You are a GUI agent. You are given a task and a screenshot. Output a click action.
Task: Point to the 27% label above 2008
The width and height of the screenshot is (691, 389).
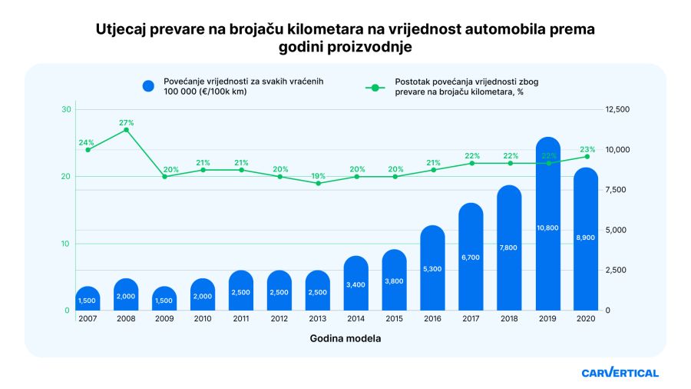(x=126, y=122)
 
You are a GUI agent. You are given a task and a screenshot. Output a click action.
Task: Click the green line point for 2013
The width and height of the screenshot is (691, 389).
(x=318, y=183)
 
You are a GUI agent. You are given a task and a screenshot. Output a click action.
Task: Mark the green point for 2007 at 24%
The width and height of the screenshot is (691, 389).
(x=88, y=149)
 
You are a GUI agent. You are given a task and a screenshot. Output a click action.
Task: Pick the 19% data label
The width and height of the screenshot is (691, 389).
(x=318, y=176)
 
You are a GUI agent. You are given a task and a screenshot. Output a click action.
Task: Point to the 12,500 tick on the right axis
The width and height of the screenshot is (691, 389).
(x=617, y=110)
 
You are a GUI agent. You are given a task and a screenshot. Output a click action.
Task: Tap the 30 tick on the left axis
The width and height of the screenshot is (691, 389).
(x=66, y=110)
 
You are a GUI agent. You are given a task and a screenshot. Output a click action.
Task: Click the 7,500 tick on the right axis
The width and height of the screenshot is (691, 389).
(x=617, y=190)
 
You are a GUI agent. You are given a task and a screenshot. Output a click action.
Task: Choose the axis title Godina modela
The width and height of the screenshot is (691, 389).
(x=345, y=338)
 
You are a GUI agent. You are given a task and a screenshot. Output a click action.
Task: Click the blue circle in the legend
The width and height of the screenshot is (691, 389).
(x=149, y=86)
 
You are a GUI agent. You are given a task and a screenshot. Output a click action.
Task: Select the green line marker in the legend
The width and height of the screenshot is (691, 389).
(x=375, y=86)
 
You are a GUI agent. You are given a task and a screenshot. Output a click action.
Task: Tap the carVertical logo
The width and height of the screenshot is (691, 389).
(x=620, y=373)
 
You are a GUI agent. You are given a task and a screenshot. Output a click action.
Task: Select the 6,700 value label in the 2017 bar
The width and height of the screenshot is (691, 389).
(x=471, y=258)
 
